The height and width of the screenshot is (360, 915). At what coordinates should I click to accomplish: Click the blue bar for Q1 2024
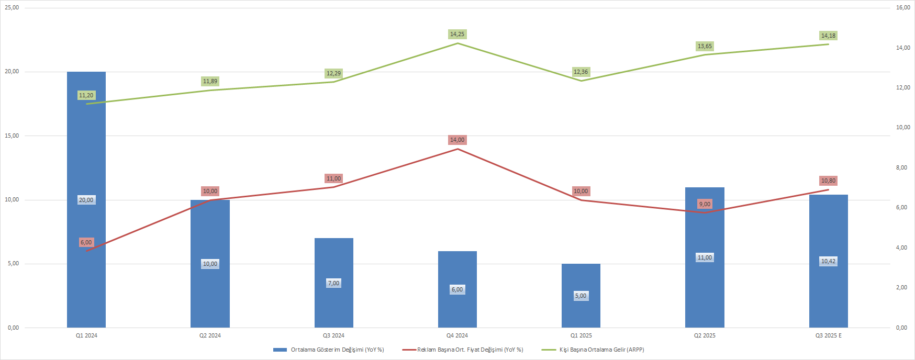86,157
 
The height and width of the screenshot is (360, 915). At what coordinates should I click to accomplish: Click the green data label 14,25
457,34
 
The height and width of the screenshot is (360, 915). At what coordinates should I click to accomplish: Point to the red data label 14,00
457,140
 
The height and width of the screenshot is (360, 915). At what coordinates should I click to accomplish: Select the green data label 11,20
86,95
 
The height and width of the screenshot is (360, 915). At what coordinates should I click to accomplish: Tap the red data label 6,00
86,242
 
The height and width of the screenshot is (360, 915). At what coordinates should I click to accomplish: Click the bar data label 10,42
828,261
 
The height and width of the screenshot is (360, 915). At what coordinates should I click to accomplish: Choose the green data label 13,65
705,46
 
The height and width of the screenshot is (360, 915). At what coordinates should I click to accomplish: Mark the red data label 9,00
705,204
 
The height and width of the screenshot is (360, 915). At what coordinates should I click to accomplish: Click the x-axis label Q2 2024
210,335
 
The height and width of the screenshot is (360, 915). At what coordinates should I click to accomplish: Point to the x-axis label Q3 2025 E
828,335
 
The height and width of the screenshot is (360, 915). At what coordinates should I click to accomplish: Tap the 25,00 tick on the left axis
12,8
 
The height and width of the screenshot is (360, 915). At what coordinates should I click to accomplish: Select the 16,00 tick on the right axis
903,8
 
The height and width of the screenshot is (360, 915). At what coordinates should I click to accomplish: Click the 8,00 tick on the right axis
901,168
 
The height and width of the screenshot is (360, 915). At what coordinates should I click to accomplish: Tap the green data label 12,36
581,72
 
